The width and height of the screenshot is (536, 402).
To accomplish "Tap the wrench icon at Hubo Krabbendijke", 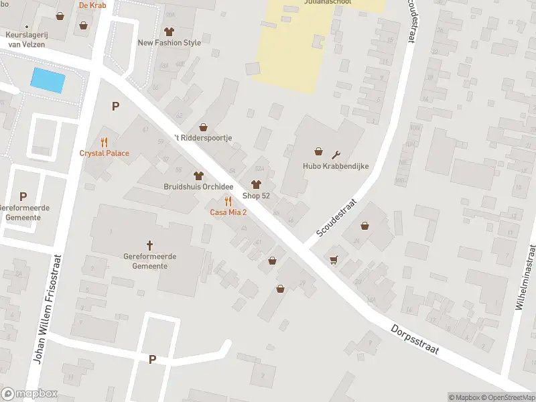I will tap(336, 154).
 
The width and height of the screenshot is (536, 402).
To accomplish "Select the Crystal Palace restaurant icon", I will tap(104, 142).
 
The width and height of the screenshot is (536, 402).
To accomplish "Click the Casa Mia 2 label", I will tap(228, 212).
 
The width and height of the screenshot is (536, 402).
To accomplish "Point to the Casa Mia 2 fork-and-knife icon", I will tap(228, 202).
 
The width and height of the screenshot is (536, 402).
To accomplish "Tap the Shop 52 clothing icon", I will tap(255, 185).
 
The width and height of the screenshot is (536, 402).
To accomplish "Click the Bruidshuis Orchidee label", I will tap(198, 186).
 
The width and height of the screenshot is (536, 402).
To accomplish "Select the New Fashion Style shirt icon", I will tap(169, 31).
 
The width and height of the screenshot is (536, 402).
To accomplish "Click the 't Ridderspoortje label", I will tap(203, 138).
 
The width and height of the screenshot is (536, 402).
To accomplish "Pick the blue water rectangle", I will tap(48, 80).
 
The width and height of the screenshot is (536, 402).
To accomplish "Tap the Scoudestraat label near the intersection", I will tap(338, 218).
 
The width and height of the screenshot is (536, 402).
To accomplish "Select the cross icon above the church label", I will tap(150, 245).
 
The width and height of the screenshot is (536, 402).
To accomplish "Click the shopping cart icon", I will tap(333, 259).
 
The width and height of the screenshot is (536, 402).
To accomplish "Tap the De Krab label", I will tap(92, 5).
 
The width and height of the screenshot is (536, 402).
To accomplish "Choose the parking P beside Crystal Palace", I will tap(115, 106).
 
